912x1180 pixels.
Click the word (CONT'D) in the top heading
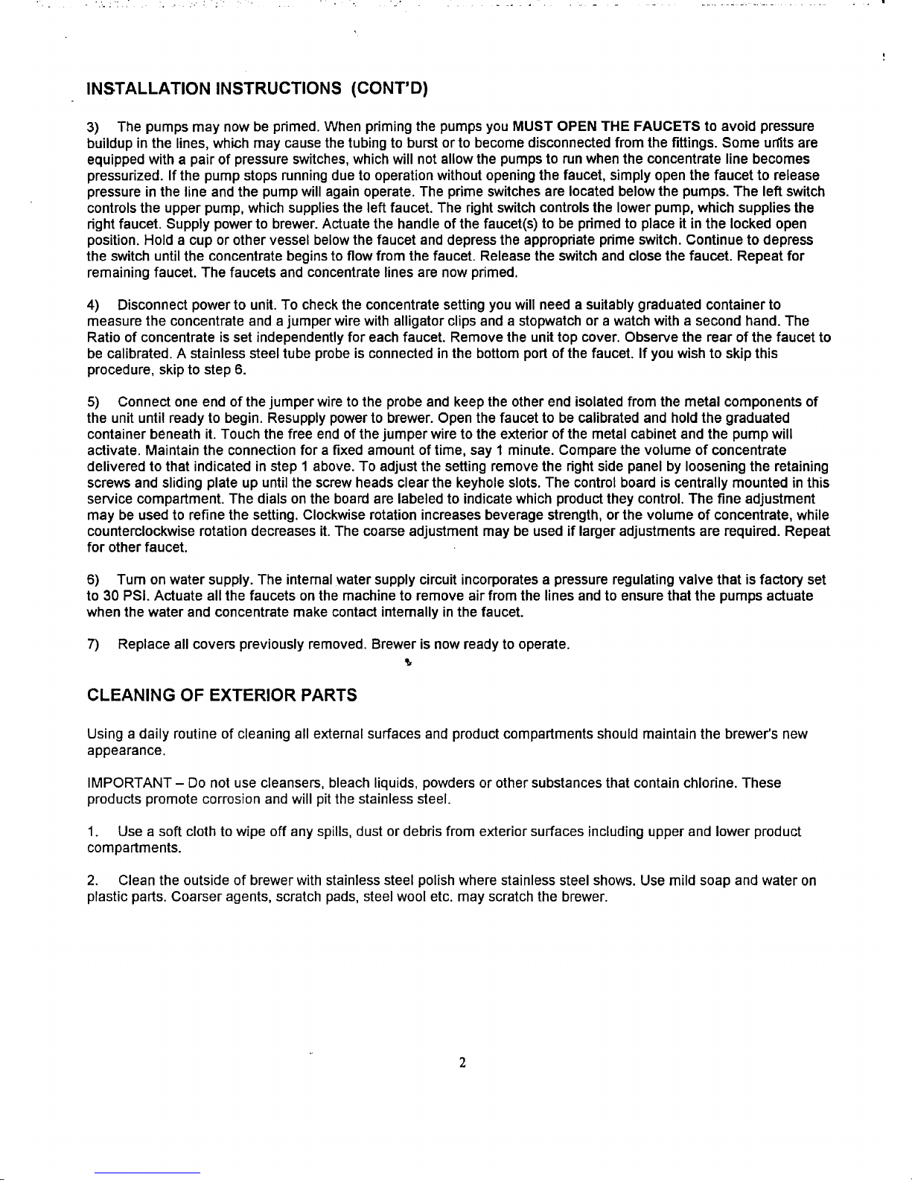click(388, 90)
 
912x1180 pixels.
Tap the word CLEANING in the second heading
click(131, 695)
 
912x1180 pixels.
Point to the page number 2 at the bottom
click(462, 1064)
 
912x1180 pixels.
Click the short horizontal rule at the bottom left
click(147, 1173)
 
